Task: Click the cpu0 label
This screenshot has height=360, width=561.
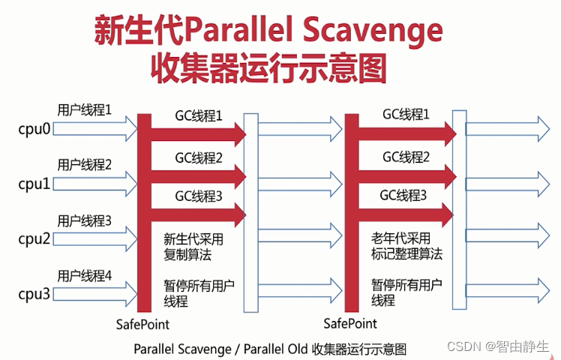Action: (x=34, y=129)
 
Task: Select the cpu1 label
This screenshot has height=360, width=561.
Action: (x=34, y=184)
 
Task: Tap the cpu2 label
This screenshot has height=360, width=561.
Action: (x=34, y=238)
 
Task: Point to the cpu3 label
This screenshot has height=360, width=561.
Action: (x=34, y=294)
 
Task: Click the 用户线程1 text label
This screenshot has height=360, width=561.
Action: (x=85, y=109)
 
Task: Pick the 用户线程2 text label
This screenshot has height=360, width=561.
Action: (x=85, y=164)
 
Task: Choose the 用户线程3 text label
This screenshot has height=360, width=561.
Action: (x=85, y=220)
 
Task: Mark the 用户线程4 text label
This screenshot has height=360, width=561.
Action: (x=85, y=275)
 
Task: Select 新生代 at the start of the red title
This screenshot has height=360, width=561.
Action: (x=137, y=31)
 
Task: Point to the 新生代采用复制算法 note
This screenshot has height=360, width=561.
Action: (x=193, y=246)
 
